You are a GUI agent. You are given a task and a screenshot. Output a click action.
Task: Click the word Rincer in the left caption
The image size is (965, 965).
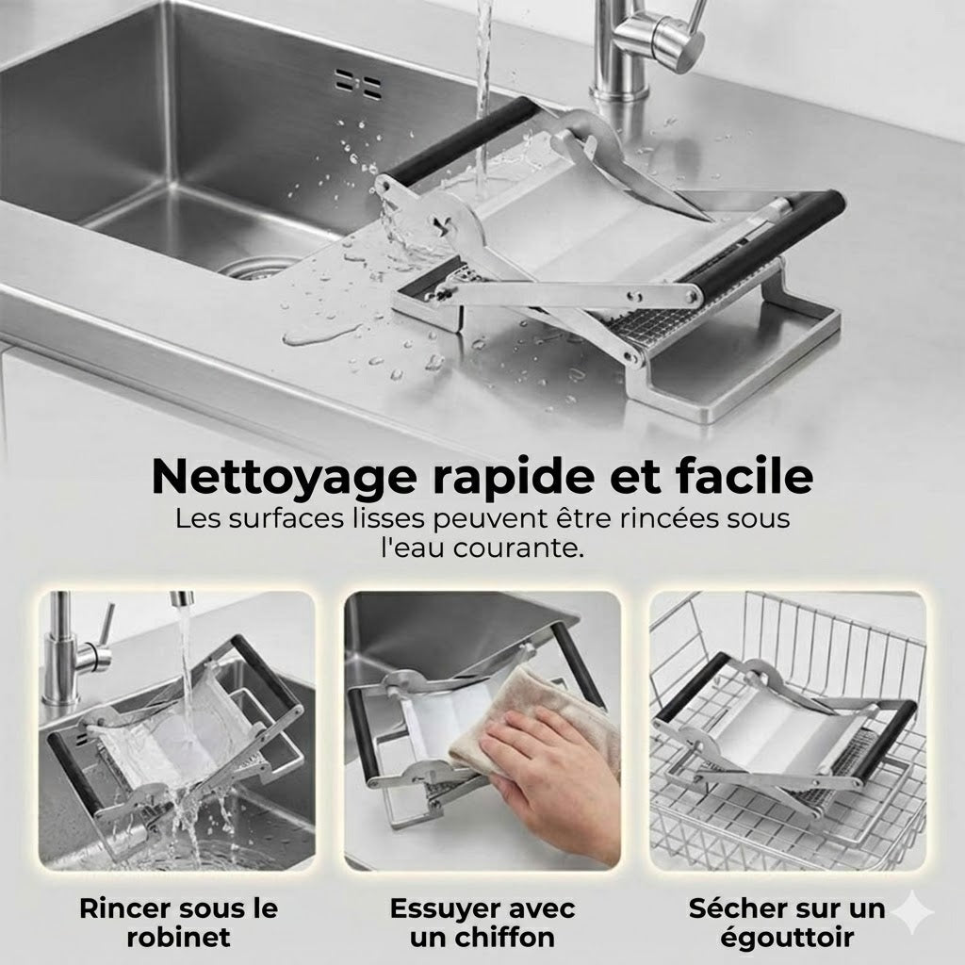click(126, 908)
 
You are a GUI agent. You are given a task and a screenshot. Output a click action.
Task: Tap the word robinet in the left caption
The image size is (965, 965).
click(178, 938)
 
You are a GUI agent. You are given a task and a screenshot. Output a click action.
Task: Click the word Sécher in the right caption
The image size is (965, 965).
click(735, 908)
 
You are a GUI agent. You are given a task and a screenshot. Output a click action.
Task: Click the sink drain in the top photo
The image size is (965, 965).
click(256, 267)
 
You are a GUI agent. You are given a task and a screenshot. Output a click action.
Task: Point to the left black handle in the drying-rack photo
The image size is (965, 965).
click(692, 688)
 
